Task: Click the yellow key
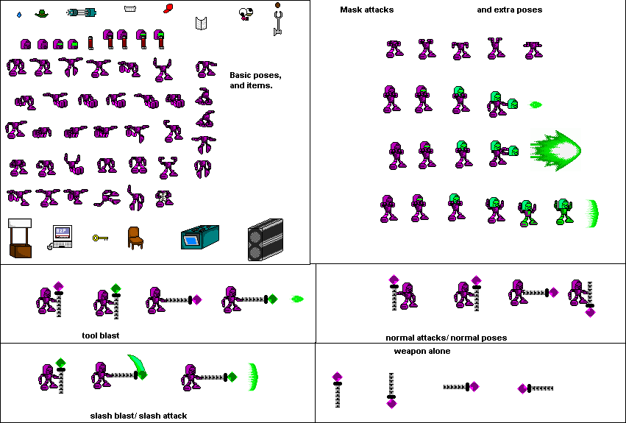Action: (x=100, y=238)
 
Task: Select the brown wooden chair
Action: (x=135, y=238)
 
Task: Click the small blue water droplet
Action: (x=19, y=15)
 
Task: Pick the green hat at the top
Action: (x=41, y=13)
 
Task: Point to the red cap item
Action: (x=168, y=8)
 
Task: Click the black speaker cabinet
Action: (x=266, y=240)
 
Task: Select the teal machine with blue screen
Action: (x=200, y=237)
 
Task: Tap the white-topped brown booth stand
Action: (x=20, y=238)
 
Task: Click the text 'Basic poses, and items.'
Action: (x=255, y=80)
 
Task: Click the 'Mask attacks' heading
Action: (x=366, y=10)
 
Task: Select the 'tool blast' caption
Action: (x=101, y=335)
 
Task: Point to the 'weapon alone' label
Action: (x=422, y=351)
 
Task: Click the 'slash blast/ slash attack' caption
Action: (x=138, y=416)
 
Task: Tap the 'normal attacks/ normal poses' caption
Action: (x=447, y=338)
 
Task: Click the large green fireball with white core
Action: (x=555, y=151)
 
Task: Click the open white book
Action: (x=202, y=23)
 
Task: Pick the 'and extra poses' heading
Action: (x=510, y=10)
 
